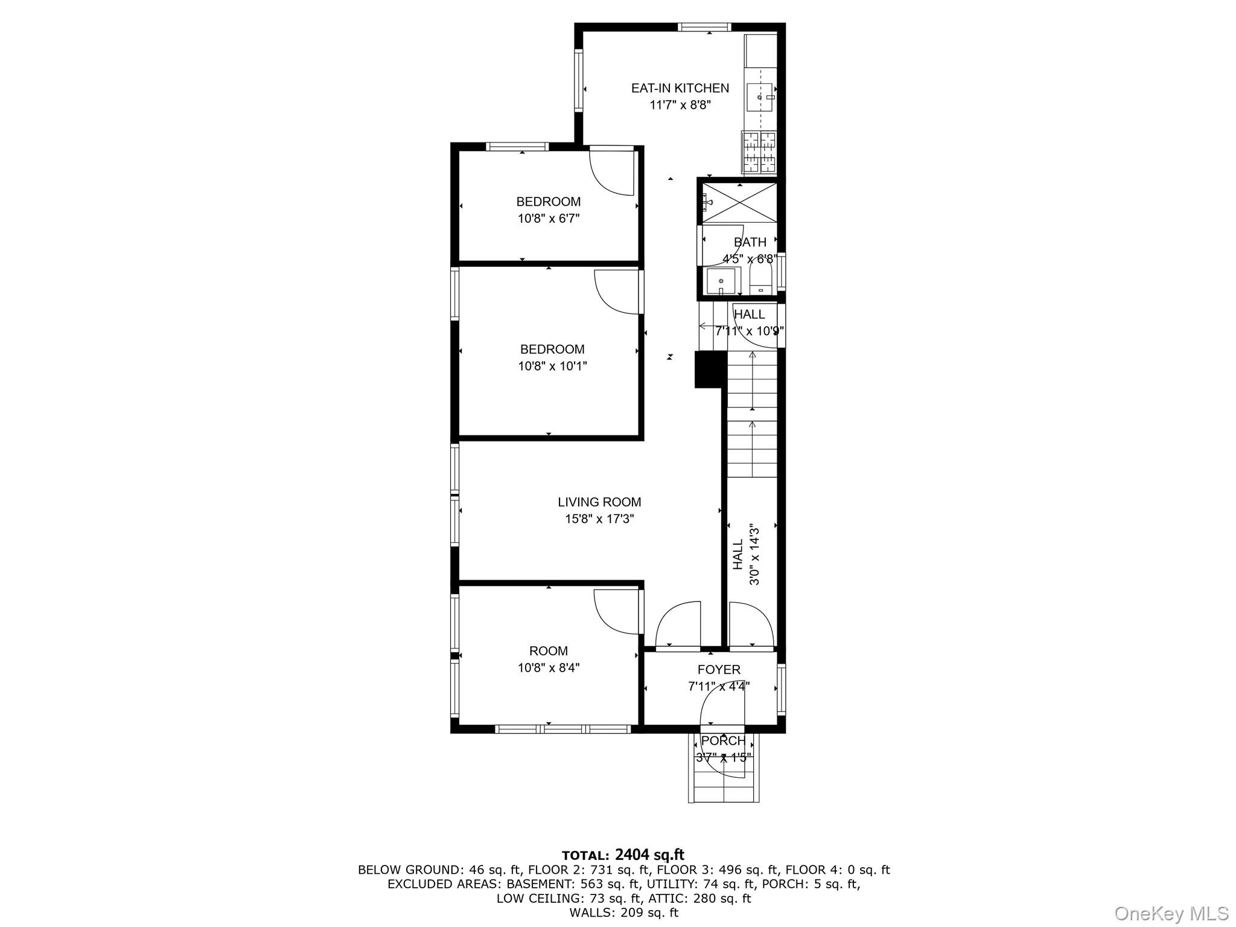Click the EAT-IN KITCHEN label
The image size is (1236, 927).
click(x=680, y=88)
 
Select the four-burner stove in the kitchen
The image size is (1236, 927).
click(x=759, y=153)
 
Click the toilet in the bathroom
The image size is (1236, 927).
click(x=760, y=281)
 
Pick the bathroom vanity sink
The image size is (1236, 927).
click(x=721, y=281)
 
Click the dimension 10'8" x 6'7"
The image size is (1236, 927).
click(x=548, y=219)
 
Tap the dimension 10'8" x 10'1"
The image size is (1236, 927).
click(x=552, y=366)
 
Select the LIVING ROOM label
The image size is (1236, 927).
click(x=599, y=502)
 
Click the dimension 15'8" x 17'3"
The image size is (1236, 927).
click(x=599, y=519)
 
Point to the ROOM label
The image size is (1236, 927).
click(x=548, y=651)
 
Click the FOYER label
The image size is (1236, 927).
click(x=718, y=670)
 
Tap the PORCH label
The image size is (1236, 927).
click(x=723, y=740)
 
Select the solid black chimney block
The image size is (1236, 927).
click(x=709, y=370)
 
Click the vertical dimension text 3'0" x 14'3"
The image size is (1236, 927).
click(x=754, y=554)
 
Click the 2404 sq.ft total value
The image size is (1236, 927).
click(x=649, y=855)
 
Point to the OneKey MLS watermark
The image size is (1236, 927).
click(x=1170, y=913)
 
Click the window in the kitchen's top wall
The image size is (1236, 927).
click(x=704, y=27)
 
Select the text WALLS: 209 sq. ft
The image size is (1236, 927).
click(x=623, y=913)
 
